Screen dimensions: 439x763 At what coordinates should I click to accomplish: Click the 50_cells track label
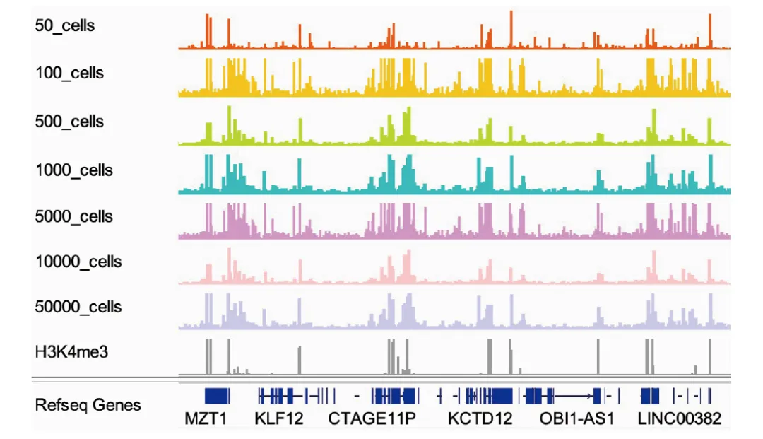[65, 26]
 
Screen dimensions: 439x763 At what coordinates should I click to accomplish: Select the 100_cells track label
[69, 73]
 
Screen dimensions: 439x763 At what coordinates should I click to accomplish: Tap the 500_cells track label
[69, 122]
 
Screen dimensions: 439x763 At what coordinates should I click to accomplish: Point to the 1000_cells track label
[73, 170]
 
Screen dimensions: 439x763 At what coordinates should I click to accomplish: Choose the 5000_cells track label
[73, 216]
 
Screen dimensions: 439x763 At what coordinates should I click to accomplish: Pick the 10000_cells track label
[78, 262]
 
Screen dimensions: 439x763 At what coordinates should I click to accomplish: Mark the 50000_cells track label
[78, 307]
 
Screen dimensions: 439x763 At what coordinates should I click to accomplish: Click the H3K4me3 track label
[71, 351]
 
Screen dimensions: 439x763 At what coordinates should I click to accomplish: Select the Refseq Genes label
[88, 405]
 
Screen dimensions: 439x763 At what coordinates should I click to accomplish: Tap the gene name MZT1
[206, 418]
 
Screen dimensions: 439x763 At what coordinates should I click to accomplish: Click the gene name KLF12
[278, 418]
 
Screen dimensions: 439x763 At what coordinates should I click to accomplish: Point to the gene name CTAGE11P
[372, 418]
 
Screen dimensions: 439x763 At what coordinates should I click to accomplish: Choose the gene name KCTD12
[480, 418]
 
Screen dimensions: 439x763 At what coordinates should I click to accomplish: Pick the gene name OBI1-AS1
[576, 418]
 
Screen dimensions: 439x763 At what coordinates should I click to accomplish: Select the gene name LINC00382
[679, 418]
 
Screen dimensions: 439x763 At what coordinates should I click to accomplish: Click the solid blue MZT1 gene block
[217, 395]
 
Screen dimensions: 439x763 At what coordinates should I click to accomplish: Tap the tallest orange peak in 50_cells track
[511, 28]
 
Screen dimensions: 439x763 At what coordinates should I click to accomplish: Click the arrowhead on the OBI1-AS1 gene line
[589, 395]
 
